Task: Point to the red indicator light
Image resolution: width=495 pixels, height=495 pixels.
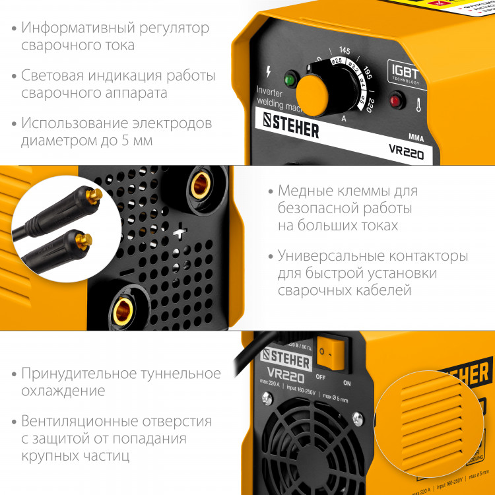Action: pos(396,101)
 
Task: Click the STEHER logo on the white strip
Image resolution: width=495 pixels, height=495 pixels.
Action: pos(291,124)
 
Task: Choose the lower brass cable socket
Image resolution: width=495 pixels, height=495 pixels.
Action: pos(123,310)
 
